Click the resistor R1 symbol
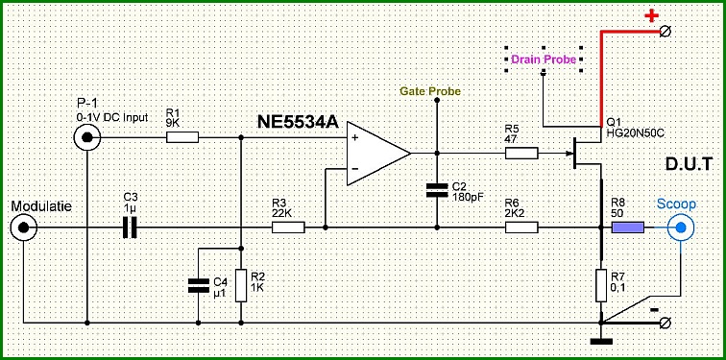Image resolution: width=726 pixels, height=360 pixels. [x=182, y=137]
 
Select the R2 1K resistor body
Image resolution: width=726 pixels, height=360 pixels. [x=241, y=286]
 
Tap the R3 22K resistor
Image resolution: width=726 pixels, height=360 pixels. [x=288, y=228]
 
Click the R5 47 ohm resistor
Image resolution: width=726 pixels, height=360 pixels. [x=521, y=154]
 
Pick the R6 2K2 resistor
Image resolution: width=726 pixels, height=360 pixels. [x=521, y=228]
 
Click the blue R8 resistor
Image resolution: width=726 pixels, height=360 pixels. [x=628, y=228]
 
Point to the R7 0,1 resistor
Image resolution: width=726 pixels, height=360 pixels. [x=600, y=286]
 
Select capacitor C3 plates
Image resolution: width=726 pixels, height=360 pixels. [x=130, y=228]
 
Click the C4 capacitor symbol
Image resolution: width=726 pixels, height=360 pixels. [x=199, y=286]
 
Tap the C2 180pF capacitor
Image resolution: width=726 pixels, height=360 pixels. [x=437, y=190]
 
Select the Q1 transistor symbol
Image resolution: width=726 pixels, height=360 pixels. [x=587, y=154]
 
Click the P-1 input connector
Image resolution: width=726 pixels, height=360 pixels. [x=87, y=137]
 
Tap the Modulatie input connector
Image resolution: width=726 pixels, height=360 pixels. [x=23, y=228]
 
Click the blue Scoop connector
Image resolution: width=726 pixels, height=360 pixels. [x=681, y=228]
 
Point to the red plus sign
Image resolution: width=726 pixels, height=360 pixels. [x=652, y=16]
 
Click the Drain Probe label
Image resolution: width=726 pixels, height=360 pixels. [x=544, y=60]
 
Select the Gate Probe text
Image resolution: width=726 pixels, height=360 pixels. [x=431, y=91]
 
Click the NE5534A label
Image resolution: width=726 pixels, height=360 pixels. [x=299, y=124]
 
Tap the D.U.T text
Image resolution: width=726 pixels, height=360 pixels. [x=688, y=164]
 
